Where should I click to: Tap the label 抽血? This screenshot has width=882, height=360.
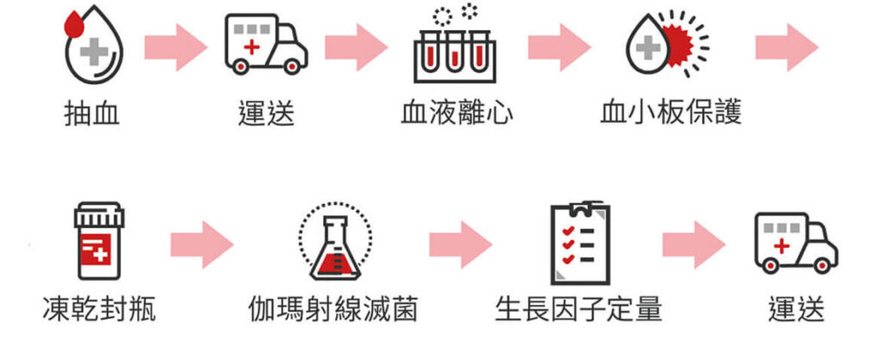tap(91, 113)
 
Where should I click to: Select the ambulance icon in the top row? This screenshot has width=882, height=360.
tap(265, 45)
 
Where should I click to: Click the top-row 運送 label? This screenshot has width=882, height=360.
tap(265, 113)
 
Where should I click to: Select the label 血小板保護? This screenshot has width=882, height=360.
tap(671, 113)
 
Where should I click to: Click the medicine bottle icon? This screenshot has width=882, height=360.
tap(99, 241)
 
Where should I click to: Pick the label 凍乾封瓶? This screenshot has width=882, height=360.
tap(99, 308)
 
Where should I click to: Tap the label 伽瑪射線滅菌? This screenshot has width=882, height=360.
tap(333, 308)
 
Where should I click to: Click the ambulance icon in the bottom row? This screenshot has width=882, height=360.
tap(795, 242)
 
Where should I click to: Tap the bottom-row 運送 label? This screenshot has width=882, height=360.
tap(795, 308)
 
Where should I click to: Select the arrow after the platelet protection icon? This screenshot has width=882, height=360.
tap(786, 47)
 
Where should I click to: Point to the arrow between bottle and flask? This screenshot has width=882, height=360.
tap(202, 245)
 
